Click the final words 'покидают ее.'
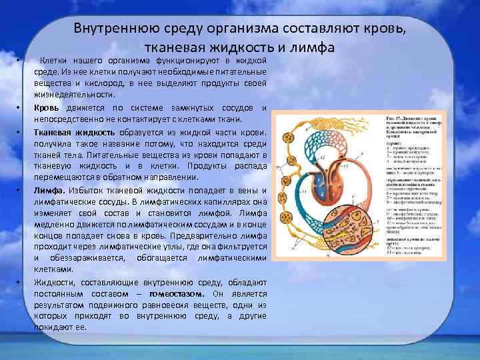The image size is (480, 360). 65,327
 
